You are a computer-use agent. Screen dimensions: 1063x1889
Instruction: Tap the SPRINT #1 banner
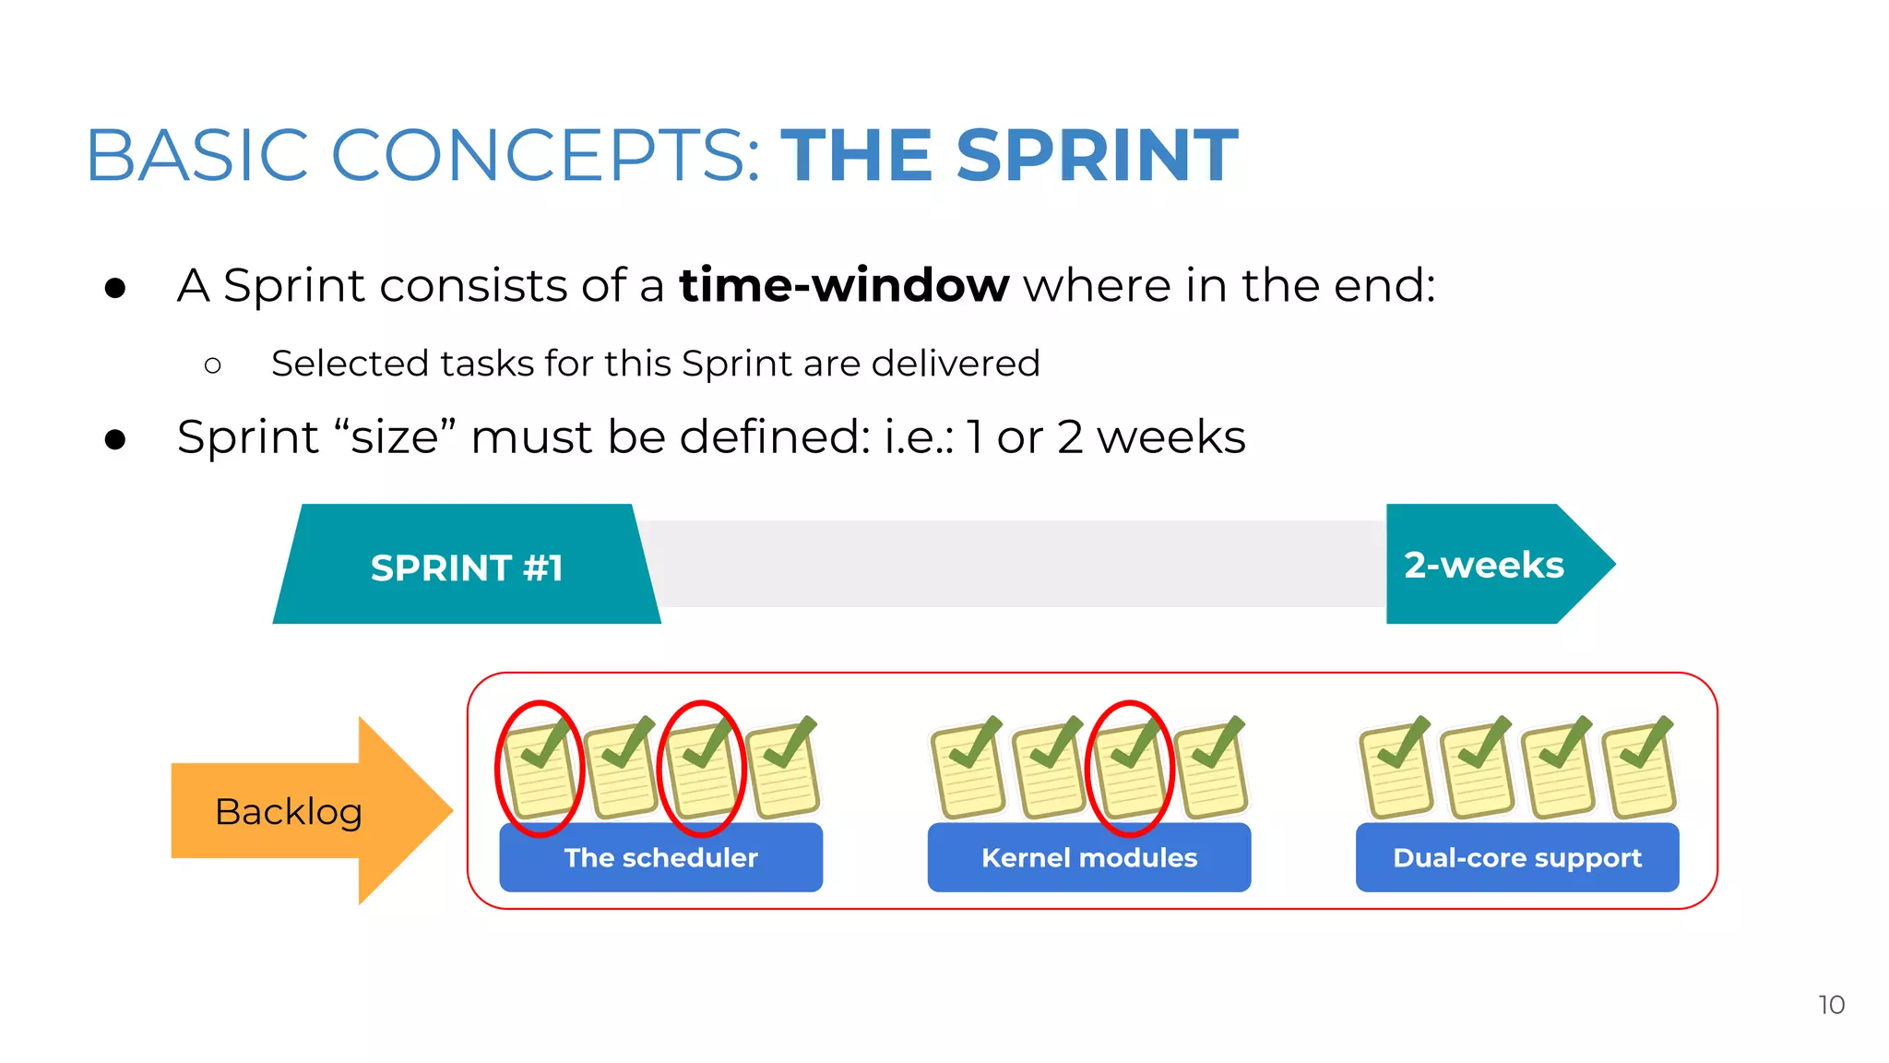(467, 567)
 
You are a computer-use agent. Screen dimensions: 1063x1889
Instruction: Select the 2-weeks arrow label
(1484, 565)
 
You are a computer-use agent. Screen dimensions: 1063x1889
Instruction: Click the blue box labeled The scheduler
(660, 857)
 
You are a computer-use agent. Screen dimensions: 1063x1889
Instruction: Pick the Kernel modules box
(1088, 857)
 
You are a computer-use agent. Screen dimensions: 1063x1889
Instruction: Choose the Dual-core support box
(1516, 857)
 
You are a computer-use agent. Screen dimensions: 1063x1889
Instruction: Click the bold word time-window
(844, 285)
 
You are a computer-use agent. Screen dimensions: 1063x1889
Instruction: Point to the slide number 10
(1831, 1005)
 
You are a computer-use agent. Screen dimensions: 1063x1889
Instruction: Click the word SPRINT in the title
(1097, 155)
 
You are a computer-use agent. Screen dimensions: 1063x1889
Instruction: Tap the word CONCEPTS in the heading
(544, 155)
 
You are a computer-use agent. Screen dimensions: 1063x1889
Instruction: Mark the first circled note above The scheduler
(540, 769)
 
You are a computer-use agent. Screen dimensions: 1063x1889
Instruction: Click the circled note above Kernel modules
(1130, 769)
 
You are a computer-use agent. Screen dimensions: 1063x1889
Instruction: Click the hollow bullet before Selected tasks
(213, 365)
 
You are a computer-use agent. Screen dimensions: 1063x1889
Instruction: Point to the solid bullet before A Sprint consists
(115, 288)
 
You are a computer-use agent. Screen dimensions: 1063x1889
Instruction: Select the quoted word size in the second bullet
(396, 437)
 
